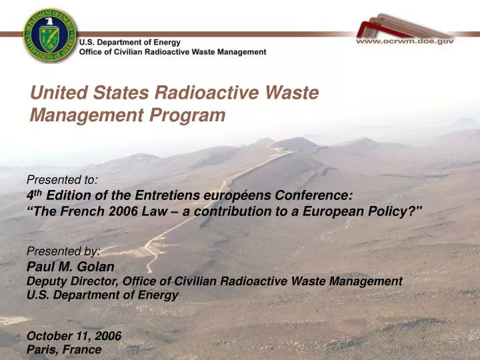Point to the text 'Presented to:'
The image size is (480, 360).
(x=63, y=179)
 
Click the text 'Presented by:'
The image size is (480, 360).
(x=63, y=251)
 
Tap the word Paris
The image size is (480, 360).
(x=41, y=349)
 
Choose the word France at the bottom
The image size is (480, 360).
(x=83, y=349)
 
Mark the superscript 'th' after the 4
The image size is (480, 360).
(x=39, y=192)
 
